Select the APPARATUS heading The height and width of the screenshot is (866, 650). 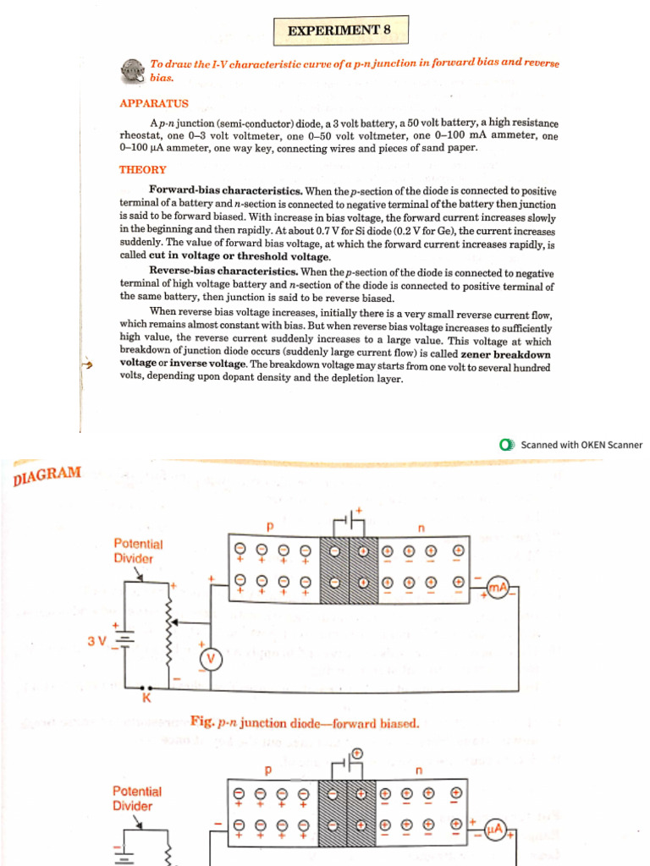[x=154, y=103]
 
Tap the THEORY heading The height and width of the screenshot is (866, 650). [x=143, y=169]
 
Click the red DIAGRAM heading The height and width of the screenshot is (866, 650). [x=47, y=475]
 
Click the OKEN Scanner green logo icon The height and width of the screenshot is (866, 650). [x=506, y=445]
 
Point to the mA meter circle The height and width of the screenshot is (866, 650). [x=497, y=587]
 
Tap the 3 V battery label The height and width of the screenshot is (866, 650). [x=97, y=640]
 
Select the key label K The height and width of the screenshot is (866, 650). [x=146, y=699]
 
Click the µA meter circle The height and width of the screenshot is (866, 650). [x=496, y=832]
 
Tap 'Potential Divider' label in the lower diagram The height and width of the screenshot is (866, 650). [x=137, y=798]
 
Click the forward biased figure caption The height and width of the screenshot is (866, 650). [x=305, y=722]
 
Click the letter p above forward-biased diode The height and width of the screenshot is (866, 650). [x=270, y=526]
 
